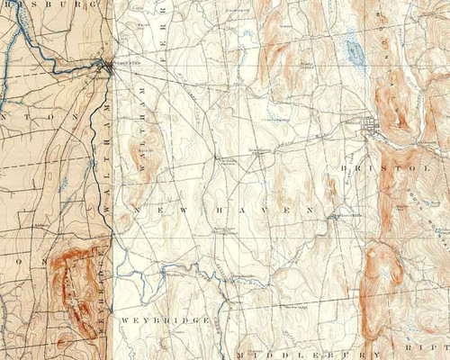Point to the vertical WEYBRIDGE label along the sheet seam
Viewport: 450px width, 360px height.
tap(105, 297)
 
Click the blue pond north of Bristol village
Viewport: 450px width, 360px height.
tap(354, 50)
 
